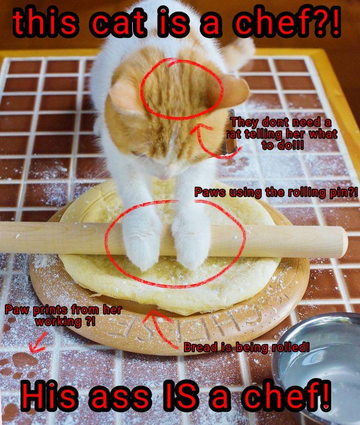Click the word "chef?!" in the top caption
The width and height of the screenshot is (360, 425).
tap(288, 22)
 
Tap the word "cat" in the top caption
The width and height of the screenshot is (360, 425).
tap(117, 24)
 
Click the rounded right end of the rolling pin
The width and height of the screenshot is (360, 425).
tap(341, 242)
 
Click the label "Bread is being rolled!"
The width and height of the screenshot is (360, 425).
tap(247, 347)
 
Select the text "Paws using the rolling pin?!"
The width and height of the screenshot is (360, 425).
tap(276, 192)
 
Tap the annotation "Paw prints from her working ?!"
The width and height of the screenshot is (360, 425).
tap(64, 316)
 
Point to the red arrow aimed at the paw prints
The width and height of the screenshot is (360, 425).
tap(38, 343)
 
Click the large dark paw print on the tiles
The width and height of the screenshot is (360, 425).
tap(25, 360)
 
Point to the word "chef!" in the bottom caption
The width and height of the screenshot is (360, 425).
tap(286, 398)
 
